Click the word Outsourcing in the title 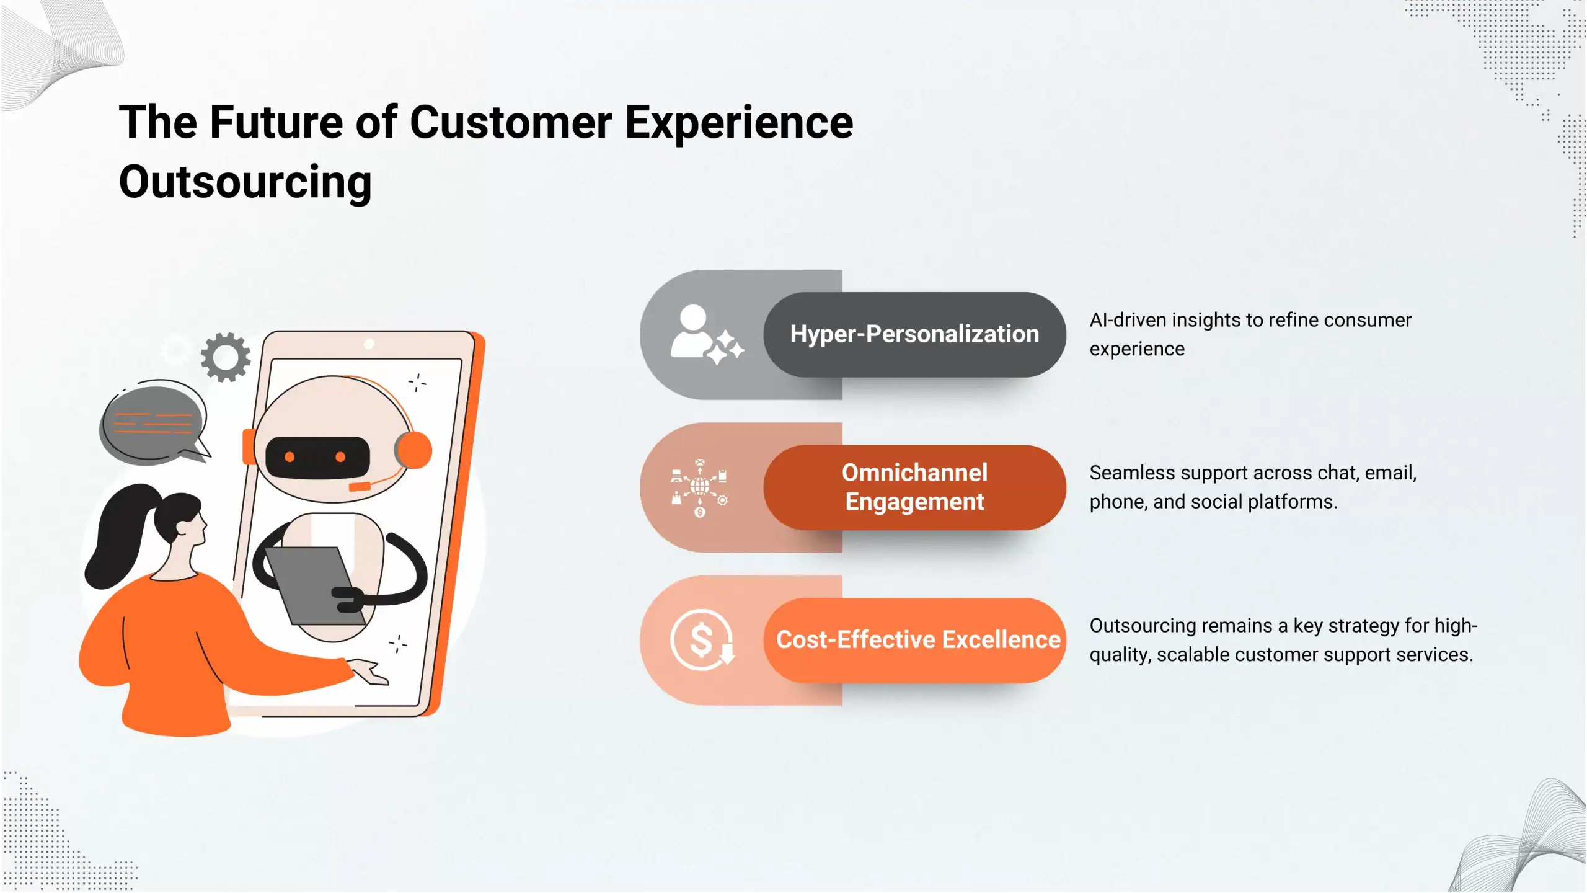245,182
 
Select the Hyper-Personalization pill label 914,334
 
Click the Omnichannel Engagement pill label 914,487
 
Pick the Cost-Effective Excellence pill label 917,640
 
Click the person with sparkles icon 705,334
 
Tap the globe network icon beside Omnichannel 700,487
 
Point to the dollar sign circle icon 702,640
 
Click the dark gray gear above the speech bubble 226,357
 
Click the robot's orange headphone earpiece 413,450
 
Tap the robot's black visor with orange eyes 317,458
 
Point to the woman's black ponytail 118,533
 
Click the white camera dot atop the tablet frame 369,344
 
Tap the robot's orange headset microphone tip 360,487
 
